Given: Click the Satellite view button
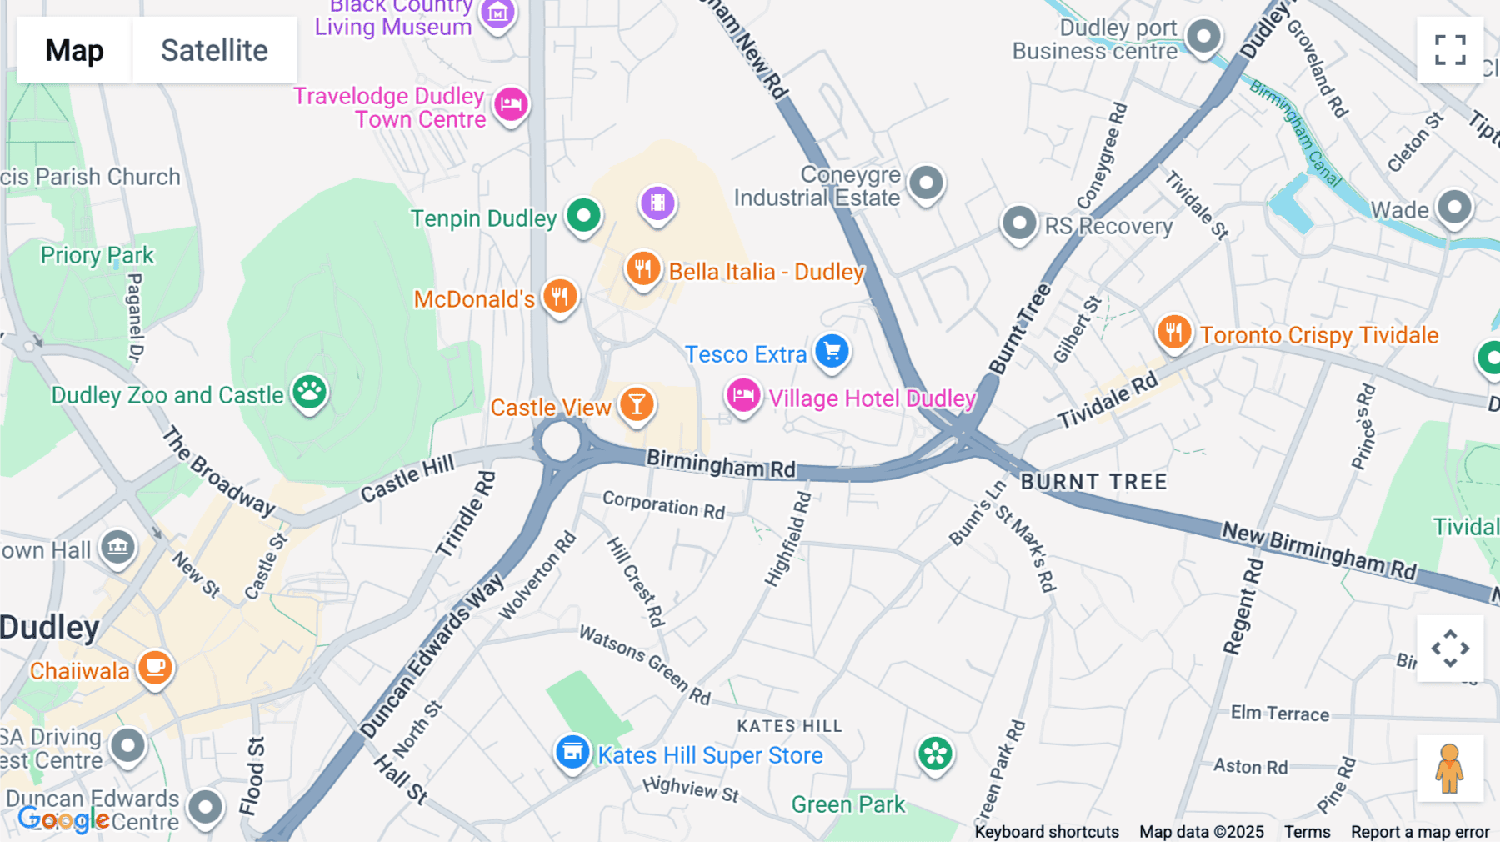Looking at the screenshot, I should [214, 50].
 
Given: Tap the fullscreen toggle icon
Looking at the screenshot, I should [1450, 50].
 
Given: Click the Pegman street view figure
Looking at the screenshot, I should [1450, 768].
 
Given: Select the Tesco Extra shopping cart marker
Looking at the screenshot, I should [832, 351].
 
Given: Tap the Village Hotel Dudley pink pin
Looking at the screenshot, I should [742, 395].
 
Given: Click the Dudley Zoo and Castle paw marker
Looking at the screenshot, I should [309, 391].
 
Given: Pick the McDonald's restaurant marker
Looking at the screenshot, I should [560, 296].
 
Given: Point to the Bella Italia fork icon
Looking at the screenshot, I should [642, 268].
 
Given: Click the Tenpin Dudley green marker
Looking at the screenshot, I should [583, 216].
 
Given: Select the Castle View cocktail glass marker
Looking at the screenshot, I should [637, 404].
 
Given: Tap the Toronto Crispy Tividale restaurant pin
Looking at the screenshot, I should [1173, 332].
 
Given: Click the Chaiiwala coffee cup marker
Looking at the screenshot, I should [155, 667].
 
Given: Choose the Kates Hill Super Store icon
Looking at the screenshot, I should [572, 752].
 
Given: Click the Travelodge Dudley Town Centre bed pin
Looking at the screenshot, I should [511, 105].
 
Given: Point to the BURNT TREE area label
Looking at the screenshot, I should [1093, 482].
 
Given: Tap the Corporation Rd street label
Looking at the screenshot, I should [663, 505].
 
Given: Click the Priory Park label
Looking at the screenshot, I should [97, 255].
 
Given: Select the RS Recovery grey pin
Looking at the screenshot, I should [1018, 223].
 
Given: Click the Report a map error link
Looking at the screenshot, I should [1420, 831].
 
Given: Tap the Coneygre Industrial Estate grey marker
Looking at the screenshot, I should [926, 182].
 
